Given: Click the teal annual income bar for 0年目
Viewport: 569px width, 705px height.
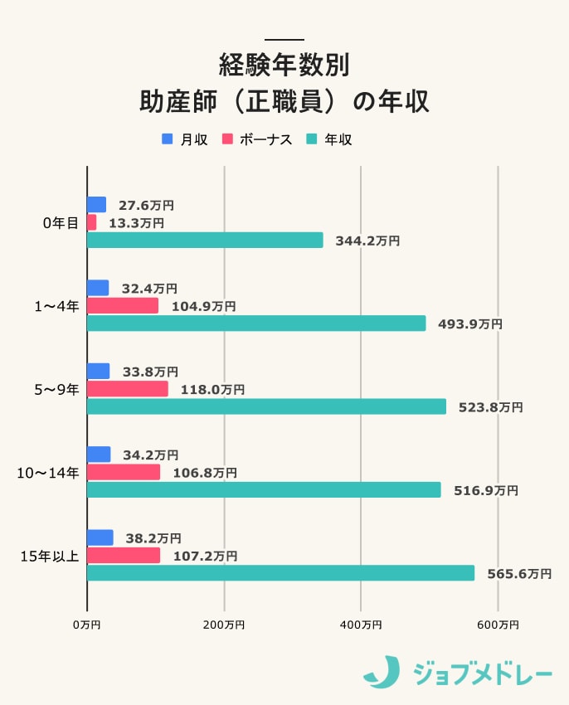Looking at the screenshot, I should pyautogui.click(x=205, y=241).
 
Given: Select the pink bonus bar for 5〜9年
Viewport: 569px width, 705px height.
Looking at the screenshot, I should pyautogui.click(x=128, y=389).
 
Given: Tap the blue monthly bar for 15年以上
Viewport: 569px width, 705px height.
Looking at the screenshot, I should pyautogui.click(x=100, y=538).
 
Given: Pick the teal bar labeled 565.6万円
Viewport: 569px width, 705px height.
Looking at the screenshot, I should pyautogui.click(x=280, y=573).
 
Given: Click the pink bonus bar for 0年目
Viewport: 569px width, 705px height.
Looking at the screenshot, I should pyautogui.click(x=92, y=222).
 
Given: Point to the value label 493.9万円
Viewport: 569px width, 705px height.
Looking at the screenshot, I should pyautogui.click(x=469, y=324).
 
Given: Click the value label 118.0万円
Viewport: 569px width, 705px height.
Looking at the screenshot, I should pyautogui.click(x=212, y=389).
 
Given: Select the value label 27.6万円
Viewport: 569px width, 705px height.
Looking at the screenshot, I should pyautogui.click(x=146, y=205).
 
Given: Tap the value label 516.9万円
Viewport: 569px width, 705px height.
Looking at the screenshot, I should pyautogui.click(x=485, y=490).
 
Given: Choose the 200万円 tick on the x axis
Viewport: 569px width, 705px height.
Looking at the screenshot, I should pyautogui.click(x=224, y=624).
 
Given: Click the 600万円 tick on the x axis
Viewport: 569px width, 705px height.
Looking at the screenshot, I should pyautogui.click(x=498, y=624).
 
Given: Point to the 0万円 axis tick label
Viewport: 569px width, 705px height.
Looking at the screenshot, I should pyautogui.click(x=87, y=624).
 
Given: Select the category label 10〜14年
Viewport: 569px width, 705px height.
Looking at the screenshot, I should pyautogui.click(x=48, y=473).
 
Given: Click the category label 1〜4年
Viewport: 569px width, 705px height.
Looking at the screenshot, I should pyautogui.click(x=56, y=306).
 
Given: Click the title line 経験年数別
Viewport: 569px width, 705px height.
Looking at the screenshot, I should pyautogui.click(x=284, y=63).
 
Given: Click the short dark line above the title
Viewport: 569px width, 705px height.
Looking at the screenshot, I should pyautogui.click(x=284, y=39).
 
